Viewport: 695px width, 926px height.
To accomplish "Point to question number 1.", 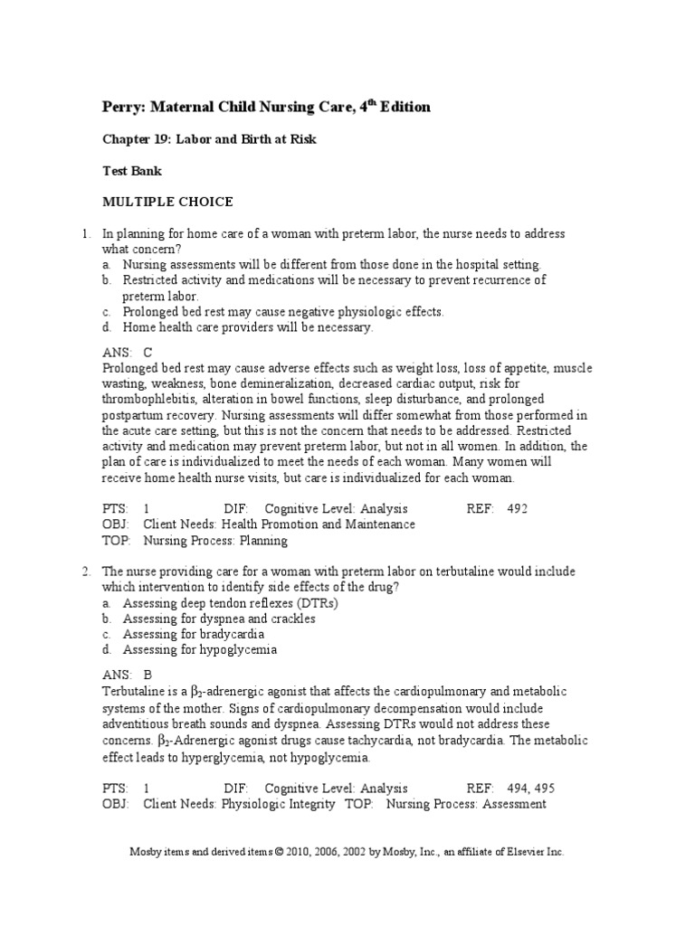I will [84, 233].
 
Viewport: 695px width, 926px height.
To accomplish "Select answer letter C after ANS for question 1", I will [148, 353].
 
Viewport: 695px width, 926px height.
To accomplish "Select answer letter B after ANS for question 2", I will [148, 675].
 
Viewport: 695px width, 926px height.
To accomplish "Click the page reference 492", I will [517, 508].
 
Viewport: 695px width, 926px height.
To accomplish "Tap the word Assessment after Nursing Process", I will [514, 803].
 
